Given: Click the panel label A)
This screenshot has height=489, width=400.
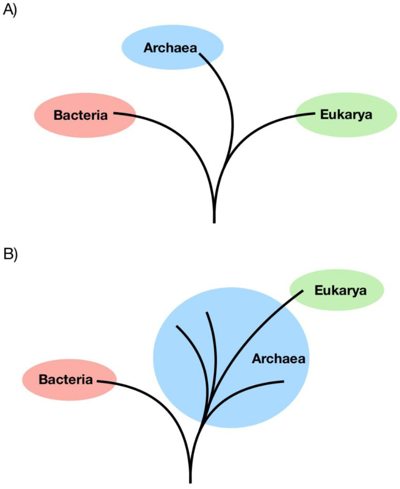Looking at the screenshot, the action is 10,11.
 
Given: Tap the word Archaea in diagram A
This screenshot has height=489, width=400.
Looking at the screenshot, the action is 170,48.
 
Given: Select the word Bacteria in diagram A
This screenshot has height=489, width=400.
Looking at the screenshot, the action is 81,115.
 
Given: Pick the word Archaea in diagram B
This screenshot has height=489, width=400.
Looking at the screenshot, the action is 279,359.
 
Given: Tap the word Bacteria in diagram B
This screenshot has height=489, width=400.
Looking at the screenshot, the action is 66,380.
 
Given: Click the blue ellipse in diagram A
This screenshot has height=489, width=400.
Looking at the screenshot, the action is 172,47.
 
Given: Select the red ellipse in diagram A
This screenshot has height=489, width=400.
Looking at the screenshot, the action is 85,115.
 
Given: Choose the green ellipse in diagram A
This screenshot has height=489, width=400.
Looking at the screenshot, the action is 346,115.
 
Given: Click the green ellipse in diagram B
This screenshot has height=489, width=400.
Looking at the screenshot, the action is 337,290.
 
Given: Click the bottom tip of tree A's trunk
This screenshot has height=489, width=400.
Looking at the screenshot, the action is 214,223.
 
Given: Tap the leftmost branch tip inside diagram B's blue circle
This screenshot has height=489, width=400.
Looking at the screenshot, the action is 177,326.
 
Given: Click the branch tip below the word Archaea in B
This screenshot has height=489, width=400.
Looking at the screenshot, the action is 284,381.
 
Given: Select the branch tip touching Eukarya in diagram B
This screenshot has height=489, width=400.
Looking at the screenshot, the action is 303,291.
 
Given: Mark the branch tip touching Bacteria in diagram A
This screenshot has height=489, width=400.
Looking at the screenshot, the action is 114,113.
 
